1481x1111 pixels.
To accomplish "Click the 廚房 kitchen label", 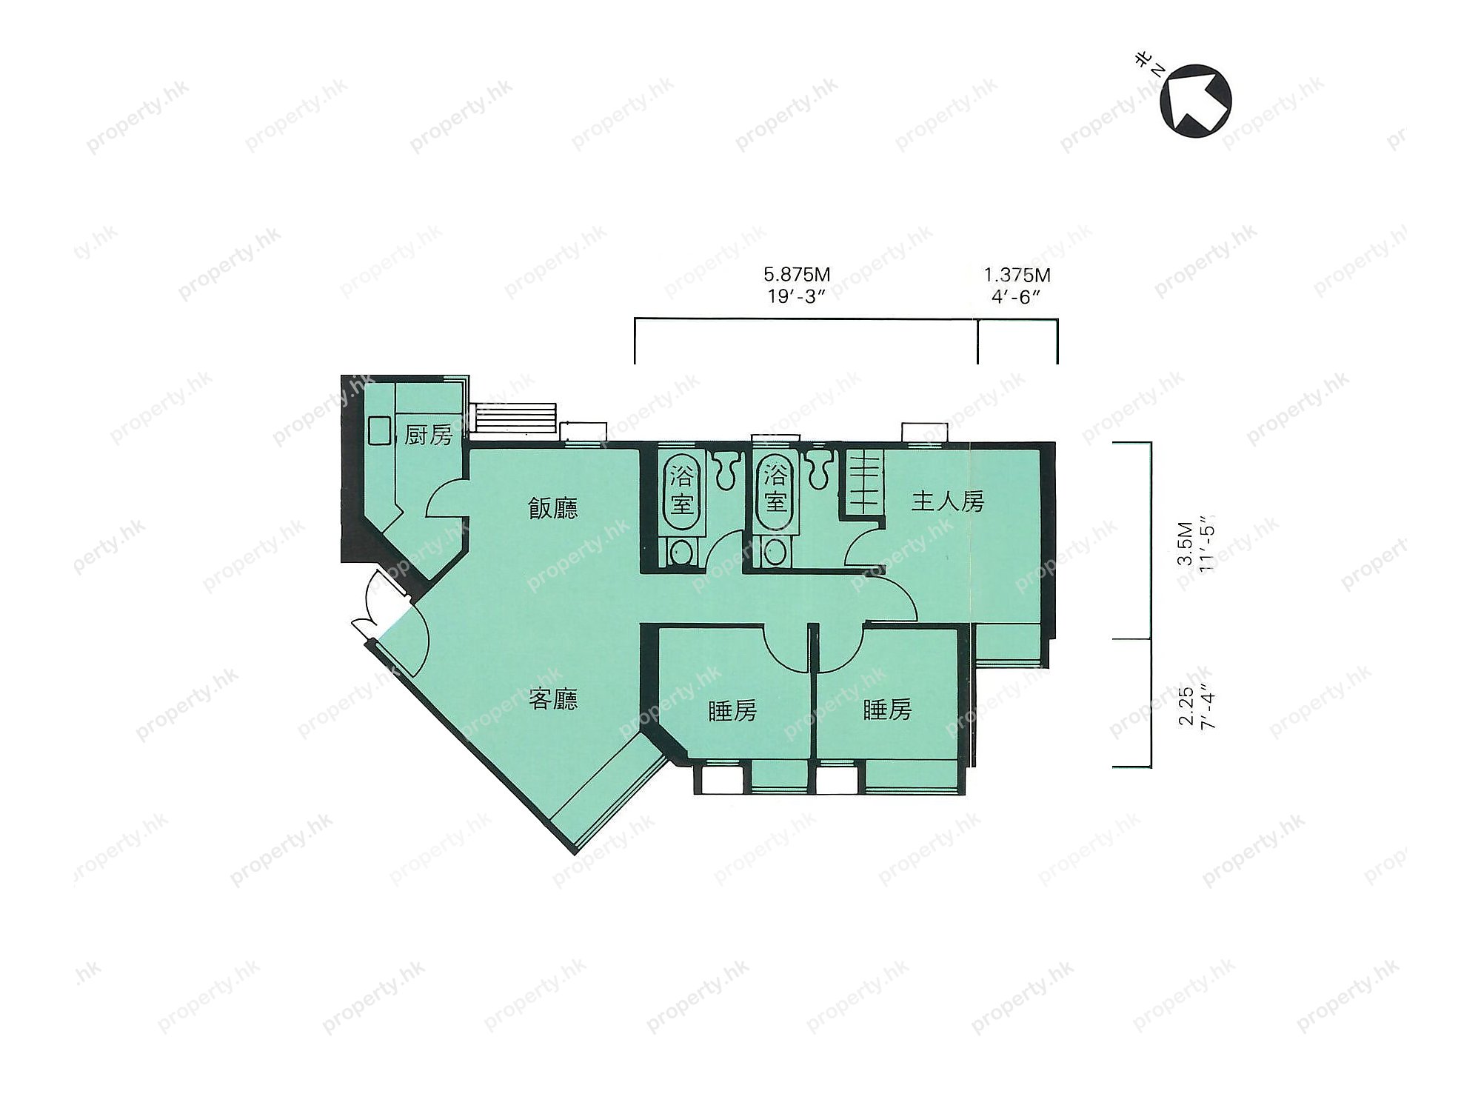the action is click(x=429, y=435).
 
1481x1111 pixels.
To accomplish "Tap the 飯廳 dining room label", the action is click(x=553, y=508).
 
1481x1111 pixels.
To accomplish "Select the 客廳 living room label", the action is click(x=553, y=699).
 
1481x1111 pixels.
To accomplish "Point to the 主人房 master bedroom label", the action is click(x=948, y=501).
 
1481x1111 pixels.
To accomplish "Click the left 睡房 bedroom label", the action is click(x=732, y=710).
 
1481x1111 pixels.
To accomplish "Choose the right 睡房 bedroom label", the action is click(x=887, y=710).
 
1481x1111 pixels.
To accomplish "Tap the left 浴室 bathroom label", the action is click(x=681, y=489).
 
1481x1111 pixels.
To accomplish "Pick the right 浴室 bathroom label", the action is click(x=775, y=489).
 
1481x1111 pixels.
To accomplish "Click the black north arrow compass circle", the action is click(x=1196, y=101).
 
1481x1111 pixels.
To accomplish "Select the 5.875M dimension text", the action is click(x=797, y=275).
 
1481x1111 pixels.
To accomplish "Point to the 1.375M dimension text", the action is click(x=1017, y=276).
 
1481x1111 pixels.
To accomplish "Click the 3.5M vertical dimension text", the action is click(x=1186, y=544).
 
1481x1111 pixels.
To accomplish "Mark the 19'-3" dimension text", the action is click(x=797, y=296).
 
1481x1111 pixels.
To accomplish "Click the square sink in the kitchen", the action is click(x=380, y=431).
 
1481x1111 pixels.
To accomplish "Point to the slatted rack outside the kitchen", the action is click(x=514, y=419).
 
